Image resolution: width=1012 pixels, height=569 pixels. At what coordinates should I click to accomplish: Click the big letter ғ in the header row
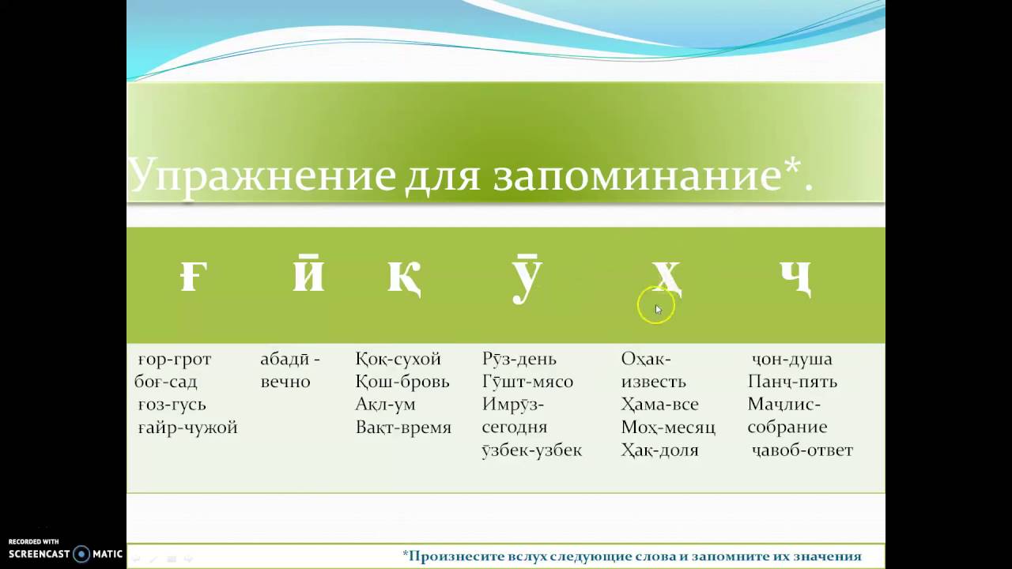click(194, 277)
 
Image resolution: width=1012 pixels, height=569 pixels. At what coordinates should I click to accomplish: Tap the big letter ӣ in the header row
click(308, 273)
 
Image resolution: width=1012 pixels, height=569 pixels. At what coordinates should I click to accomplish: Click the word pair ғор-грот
click(175, 360)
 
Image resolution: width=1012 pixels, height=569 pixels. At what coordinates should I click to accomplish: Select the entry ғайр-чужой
click(187, 428)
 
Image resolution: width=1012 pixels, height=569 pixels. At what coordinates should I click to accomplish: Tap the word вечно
click(285, 382)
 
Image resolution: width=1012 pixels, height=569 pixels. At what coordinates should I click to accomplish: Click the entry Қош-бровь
click(402, 382)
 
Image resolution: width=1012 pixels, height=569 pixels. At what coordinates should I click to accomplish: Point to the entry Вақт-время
click(403, 428)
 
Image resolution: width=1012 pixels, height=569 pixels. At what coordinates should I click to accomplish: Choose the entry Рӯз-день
click(519, 359)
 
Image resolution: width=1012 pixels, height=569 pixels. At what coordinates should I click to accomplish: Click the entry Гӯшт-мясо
click(527, 382)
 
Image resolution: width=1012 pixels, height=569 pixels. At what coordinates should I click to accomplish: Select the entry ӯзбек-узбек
click(532, 450)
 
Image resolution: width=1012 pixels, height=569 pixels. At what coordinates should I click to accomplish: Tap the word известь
click(653, 382)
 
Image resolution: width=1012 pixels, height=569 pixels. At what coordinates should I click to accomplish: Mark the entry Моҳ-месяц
click(668, 428)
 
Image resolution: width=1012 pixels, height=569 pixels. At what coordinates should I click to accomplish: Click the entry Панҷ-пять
click(792, 382)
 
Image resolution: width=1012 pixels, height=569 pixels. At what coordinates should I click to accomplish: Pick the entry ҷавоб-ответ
click(802, 450)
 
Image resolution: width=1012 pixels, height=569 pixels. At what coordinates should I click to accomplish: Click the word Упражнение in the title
click(262, 175)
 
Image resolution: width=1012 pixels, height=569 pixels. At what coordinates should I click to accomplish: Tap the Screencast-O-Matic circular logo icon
click(81, 554)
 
